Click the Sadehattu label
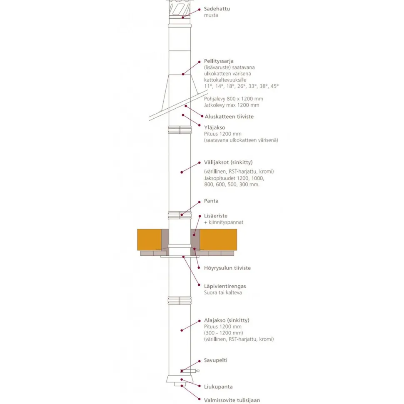tap(217, 9)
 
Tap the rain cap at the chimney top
tap(180, 8)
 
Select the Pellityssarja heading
tap(219, 61)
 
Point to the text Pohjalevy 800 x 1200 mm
tap(233, 99)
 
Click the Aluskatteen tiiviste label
tap(229, 117)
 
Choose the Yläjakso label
tap(214, 127)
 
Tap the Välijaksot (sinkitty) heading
tap(228, 162)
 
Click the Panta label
tap(211, 201)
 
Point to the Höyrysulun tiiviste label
tap(227, 268)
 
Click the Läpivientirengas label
tap(225, 286)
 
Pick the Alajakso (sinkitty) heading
tap(227, 320)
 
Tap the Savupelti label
tap(216, 360)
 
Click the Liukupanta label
tap(218, 387)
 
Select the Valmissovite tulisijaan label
tap(232, 400)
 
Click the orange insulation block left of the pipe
tap(149, 239)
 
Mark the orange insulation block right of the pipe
tap(218, 239)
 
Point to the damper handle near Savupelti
tap(190, 371)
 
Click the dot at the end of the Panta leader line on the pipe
tap(182, 214)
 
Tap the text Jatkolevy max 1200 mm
tap(232, 105)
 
